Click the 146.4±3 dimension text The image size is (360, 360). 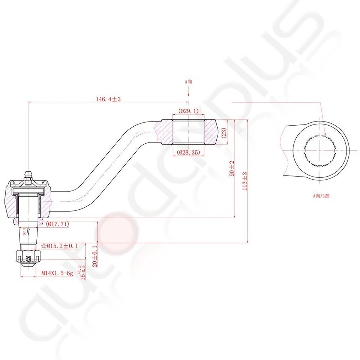click(x=108, y=99)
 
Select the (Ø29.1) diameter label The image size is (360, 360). click(x=188, y=111)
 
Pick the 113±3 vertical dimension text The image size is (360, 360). click(x=244, y=181)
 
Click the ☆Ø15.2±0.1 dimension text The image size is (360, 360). click(x=60, y=246)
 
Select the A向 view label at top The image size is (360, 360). click(x=188, y=81)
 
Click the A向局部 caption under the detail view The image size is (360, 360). click(x=321, y=195)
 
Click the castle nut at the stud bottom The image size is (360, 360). click(x=28, y=257)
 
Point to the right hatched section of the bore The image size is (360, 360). click(x=210, y=132)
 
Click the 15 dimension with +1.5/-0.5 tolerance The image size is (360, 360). click(x=83, y=273)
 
